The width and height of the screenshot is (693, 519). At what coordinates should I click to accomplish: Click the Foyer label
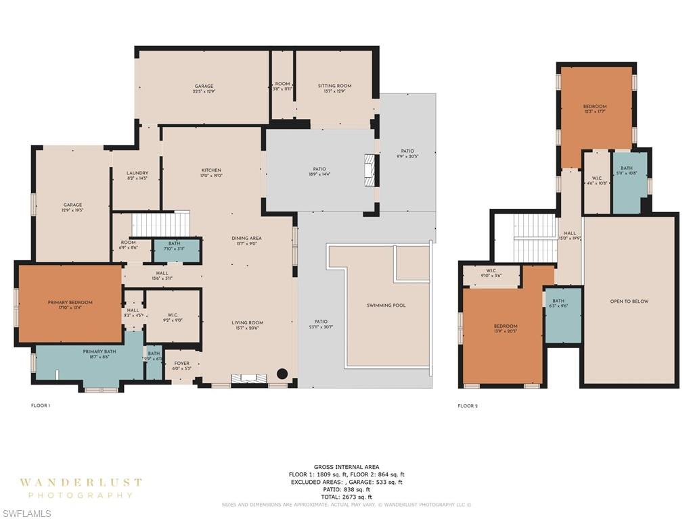pyautogui.click(x=182, y=366)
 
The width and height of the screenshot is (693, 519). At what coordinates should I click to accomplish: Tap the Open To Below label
pyautogui.click(x=629, y=301)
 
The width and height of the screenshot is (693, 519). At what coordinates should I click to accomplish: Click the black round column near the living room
pyautogui.click(x=282, y=374)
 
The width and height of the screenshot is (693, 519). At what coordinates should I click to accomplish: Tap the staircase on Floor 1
pyautogui.click(x=160, y=224)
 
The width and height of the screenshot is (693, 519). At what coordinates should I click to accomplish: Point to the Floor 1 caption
pyautogui.click(x=41, y=405)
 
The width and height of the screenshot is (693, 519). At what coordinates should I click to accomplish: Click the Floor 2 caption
pyautogui.click(x=468, y=405)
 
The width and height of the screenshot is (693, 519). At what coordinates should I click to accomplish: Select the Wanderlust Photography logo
pyautogui.click(x=81, y=488)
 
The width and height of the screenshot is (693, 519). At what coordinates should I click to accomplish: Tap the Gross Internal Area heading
pyautogui.click(x=346, y=467)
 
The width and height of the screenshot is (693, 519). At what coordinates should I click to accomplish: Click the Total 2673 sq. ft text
pyautogui.click(x=346, y=497)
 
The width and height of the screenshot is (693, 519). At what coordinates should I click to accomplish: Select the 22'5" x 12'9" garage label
pyautogui.click(x=204, y=89)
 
